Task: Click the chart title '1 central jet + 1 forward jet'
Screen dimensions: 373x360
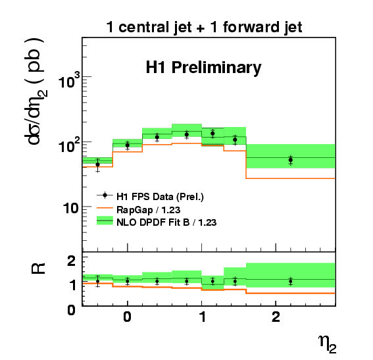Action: (204, 28)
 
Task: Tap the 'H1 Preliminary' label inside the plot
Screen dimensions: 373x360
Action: (204, 68)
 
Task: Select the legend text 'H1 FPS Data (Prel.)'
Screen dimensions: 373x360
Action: (160, 197)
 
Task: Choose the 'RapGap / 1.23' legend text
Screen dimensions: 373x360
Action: (149, 210)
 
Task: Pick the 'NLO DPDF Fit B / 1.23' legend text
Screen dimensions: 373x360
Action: (166, 222)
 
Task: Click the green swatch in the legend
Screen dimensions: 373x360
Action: (105, 220)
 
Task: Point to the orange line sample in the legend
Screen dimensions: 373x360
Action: (105, 208)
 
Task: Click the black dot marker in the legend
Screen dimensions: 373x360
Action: (105, 195)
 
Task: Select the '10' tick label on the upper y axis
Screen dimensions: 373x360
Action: (70, 209)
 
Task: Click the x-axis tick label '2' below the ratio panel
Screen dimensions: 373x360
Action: (276, 317)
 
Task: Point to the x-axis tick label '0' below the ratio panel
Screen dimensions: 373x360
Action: (128, 317)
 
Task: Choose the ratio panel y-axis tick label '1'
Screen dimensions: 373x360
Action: (72, 285)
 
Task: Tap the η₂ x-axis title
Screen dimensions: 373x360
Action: (328, 344)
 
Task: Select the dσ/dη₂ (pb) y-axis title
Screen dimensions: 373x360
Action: (36, 91)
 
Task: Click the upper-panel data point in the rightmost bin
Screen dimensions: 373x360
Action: (291, 160)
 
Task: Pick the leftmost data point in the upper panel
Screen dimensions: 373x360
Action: (97, 165)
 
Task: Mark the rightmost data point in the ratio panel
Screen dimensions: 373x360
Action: (291, 281)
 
